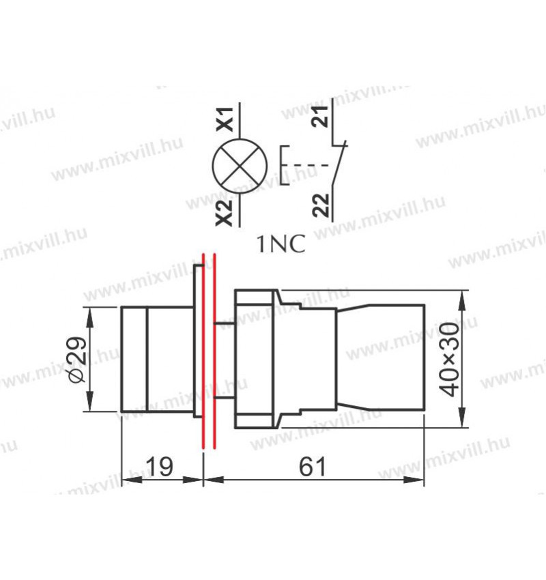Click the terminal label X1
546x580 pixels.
(x=225, y=119)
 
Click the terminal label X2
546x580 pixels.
(x=225, y=212)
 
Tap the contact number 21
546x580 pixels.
(x=320, y=117)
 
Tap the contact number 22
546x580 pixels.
(x=320, y=205)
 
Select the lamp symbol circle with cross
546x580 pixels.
(x=240, y=166)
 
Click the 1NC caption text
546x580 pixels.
(x=281, y=244)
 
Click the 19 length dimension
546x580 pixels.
(x=160, y=467)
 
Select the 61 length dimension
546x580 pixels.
(x=313, y=467)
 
